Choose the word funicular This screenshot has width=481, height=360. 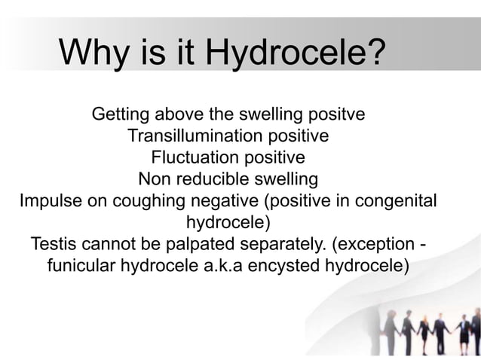pos(81,267)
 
